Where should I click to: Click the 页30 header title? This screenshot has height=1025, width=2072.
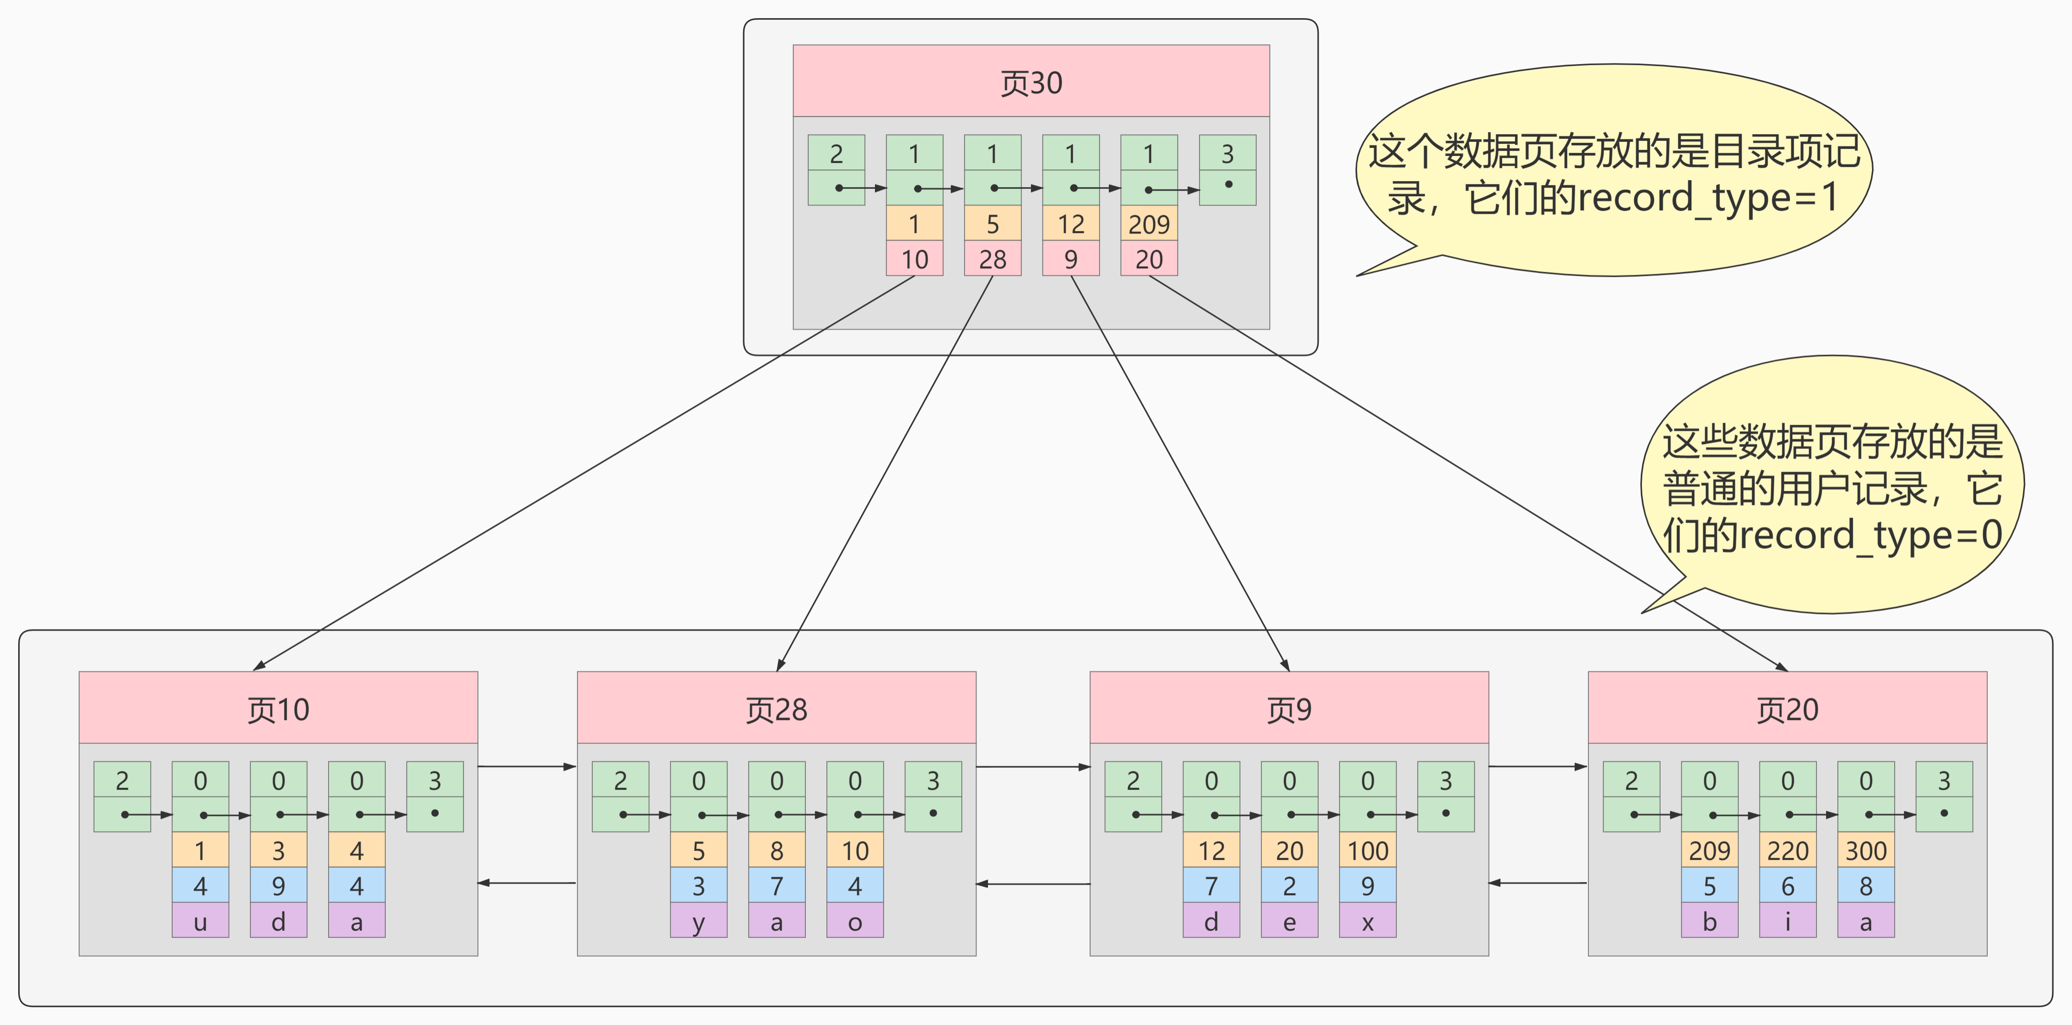pos(1030,83)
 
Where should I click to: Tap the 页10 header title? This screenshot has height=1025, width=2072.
pos(278,709)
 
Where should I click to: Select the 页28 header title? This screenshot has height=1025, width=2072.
pos(776,709)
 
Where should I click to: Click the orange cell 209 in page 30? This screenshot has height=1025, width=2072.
pos(1149,223)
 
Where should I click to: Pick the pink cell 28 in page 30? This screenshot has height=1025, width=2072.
pos(993,259)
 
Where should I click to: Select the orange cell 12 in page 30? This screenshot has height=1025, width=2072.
pos(1071,223)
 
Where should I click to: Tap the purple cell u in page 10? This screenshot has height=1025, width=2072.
pos(200,921)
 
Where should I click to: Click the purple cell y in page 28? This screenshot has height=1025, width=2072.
pos(698,921)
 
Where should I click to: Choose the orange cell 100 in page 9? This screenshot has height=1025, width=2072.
pos(1367,850)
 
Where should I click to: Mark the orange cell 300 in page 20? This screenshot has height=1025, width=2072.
pos(1866,850)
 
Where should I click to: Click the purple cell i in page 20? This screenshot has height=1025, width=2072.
pos(1787,921)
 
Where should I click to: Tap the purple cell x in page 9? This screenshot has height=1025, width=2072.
pos(1367,921)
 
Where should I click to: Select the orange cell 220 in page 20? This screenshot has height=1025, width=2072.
pos(1787,850)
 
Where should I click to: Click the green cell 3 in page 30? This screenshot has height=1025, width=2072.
pos(1227,153)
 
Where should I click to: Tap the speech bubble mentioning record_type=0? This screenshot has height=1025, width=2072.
pos(1832,486)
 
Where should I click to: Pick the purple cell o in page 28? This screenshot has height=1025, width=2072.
pos(855,921)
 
